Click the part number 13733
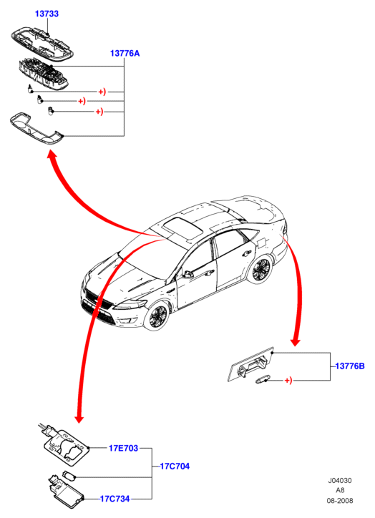[47, 14]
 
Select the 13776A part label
[125, 53]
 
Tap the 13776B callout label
[350, 366]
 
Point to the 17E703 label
[124, 448]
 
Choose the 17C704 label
[175, 466]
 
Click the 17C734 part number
[115, 499]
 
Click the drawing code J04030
[340, 480]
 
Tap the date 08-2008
[340, 501]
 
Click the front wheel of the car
[157, 316]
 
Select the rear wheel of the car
[261, 270]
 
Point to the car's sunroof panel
[181, 226]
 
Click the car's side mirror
[188, 274]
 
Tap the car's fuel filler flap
[260, 242]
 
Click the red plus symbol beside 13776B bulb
[288, 381]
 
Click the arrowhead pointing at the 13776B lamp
[295, 341]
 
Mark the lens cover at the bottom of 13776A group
[36, 129]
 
